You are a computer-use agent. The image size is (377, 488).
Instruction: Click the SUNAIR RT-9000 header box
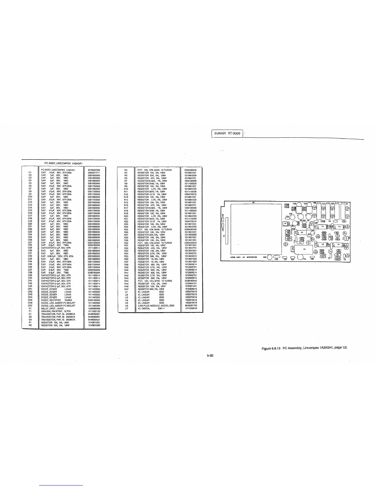pyautogui.click(x=228, y=133)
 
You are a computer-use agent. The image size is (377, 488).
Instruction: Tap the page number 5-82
pyautogui.click(x=210, y=355)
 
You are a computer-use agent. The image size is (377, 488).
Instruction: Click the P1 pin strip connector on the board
pyautogui.click(x=227, y=230)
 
